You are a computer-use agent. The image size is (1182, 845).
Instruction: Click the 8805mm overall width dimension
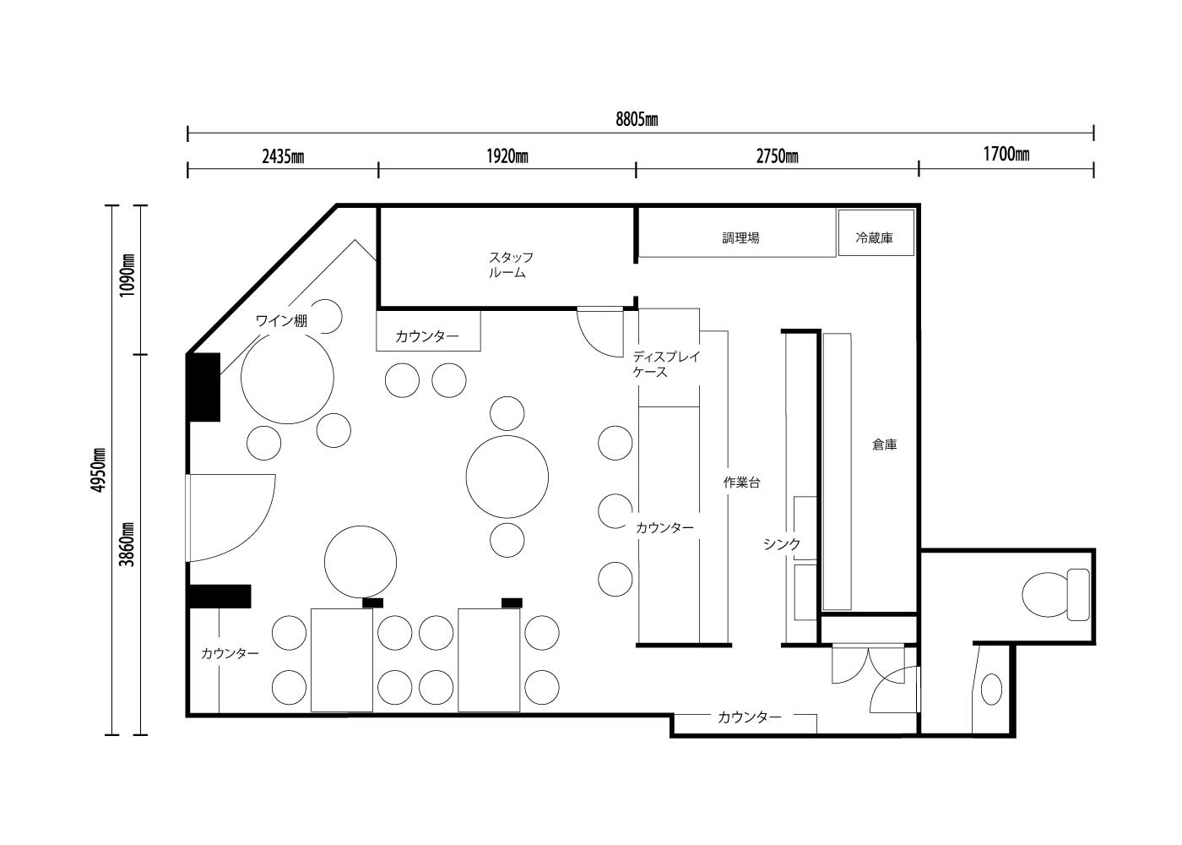click(x=637, y=120)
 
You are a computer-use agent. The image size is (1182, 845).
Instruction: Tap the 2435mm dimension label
click(x=283, y=157)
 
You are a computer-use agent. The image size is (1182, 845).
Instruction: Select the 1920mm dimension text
click(x=507, y=157)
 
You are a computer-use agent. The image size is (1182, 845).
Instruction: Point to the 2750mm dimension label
click(x=778, y=157)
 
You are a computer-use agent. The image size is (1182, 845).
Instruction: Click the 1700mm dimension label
click(x=1006, y=154)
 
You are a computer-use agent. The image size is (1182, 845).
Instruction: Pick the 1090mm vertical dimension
click(x=127, y=275)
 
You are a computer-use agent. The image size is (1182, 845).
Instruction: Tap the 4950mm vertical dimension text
click(x=98, y=470)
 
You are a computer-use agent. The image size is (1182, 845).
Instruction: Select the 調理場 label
click(x=741, y=238)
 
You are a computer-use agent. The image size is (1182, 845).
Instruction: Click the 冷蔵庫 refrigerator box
click(x=876, y=233)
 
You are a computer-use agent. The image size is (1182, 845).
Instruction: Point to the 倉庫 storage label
click(x=885, y=445)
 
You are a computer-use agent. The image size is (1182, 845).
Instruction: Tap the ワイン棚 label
click(x=281, y=321)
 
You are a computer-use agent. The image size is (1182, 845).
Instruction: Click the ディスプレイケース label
click(x=666, y=364)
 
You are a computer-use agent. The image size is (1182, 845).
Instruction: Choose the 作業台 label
click(x=741, y=482)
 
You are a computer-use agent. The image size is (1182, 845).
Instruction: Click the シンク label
click(x=782, y=544)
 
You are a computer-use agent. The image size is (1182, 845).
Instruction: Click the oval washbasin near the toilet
click(x=991, y=690)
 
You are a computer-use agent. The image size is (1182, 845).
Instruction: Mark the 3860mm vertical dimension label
click(x=127, y=544)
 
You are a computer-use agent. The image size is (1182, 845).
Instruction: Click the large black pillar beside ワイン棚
click(x=204, y=387)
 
